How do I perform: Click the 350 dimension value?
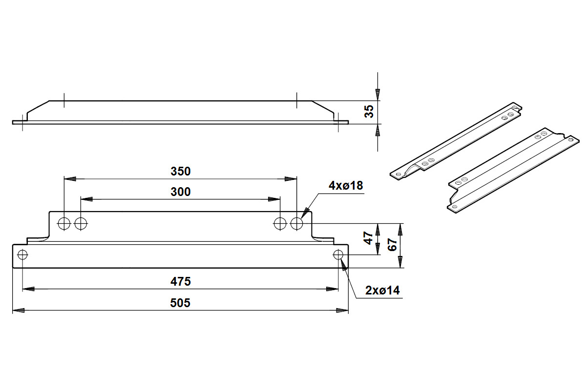click(180, 172)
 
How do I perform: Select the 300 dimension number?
click(180, 192)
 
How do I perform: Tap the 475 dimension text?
click(180, 282)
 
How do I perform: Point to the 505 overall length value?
click(180, 303)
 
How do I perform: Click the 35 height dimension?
click(370, 112)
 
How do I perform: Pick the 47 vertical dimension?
click(370, 238)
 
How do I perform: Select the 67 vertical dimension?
click(392, 245)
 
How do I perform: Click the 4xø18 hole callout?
click(346, 186)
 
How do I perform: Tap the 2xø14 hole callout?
click(382, 291)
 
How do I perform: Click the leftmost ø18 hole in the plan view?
click(64, 224)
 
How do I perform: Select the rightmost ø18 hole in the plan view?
click(296, 224)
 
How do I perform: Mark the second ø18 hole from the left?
click(81, 224)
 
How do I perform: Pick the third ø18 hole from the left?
click(280, 224)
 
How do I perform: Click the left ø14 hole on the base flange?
click(22, 254)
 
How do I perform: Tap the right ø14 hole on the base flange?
click(338, 254)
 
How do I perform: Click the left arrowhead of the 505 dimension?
click(18, 310)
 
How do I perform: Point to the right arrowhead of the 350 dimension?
click(292, 179)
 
